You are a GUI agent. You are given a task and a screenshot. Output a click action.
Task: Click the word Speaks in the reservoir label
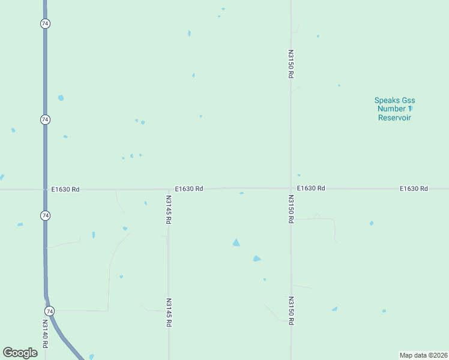pos(387,100)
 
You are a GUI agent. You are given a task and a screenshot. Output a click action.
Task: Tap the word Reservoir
pos(394,118)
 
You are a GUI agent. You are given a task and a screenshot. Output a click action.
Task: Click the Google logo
pos(20,353)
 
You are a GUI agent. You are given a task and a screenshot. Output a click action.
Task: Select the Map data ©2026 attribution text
pos(424,355)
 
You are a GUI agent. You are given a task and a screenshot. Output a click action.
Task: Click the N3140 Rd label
pos(45,334)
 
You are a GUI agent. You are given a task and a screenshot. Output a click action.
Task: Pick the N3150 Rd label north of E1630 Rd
pos(291,64)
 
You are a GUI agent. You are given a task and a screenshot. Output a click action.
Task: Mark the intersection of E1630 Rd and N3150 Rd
pos(291,188)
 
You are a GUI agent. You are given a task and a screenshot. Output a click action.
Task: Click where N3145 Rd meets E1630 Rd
pos(169,189)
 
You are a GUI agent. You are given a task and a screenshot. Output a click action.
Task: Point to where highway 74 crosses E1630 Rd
pos(45,189)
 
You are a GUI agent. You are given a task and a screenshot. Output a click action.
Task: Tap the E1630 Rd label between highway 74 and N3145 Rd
pos(65,189)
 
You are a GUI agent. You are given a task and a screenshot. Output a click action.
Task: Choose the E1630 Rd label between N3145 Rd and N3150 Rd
pos(189,188)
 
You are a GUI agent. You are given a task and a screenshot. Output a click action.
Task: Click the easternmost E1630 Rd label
pos(414,188)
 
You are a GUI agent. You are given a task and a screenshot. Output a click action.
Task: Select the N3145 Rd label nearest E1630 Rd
pos(169,209)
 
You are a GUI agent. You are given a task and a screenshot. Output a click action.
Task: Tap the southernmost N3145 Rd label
pos(169,313)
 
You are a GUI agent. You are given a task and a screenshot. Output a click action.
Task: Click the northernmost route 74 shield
pos(45,23)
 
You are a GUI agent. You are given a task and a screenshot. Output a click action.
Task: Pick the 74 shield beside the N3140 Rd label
pos(49,311)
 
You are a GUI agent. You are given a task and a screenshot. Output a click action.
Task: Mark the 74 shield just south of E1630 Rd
pos(45,215)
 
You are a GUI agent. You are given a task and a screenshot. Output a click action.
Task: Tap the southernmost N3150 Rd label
pos(291,311)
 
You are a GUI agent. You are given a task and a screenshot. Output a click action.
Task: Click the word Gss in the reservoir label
pos(409,100)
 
